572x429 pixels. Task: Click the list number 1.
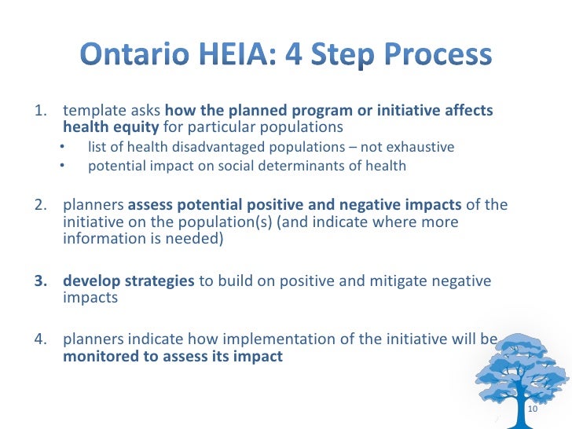pyautogui.click(x=38, y=111)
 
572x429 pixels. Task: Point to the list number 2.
pyautogui.click(x=38, y=206)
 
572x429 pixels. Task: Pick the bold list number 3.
pyautogui.click(x=38, y=281)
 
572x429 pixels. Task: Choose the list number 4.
pyautogui.click(x=38, y=339)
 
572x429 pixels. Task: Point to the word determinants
pyautogui.click(x=315, y=166)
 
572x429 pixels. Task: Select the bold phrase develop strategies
pyautogui.click(x=128, y=281)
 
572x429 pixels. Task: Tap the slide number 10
pyautogui.click(x=533, y=411)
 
